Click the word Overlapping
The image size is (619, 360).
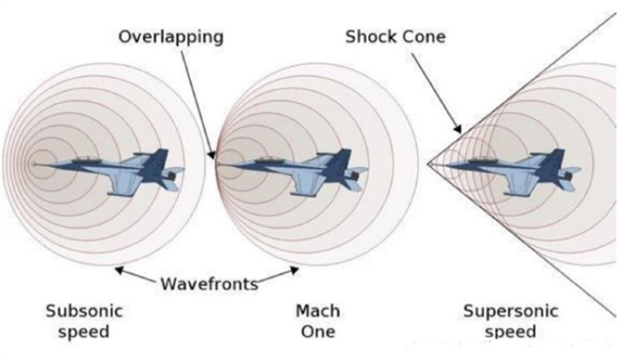pyautogui.click(x=171, y=37)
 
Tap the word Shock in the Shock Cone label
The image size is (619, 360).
pyautogui.click(x=371, y=37)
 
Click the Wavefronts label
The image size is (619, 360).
pyautogui.click(x=210, y=283)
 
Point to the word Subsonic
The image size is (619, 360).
pyautogui.click(x=84, y=310)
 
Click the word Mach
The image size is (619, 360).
pyautogui.click(x=317, y=310)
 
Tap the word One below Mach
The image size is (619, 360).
pyautogui.click(x=318, y=331)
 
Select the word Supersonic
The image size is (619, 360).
pyautogui.click(x=511, y=310)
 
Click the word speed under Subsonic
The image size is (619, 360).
pyautogui.click(x=84, y=332)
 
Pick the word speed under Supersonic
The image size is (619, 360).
pyautogui.click(x=510, y=332)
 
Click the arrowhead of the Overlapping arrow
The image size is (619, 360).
pyautogui.click(x=212, y=154)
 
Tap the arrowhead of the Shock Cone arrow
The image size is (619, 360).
pyautogui.click(x=457, y=128)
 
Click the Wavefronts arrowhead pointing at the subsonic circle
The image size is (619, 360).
pyautogui.click(x=118, y=270)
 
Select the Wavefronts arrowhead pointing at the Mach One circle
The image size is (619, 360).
pyautogui.click(x=294, y=270)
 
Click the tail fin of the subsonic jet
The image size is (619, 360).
pyautogui.click(x=157, y=161)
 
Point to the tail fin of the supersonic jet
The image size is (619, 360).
pyautogui.click(x=552, y=161)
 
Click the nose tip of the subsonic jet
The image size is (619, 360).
pyautogui.click(x=34, y=165)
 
